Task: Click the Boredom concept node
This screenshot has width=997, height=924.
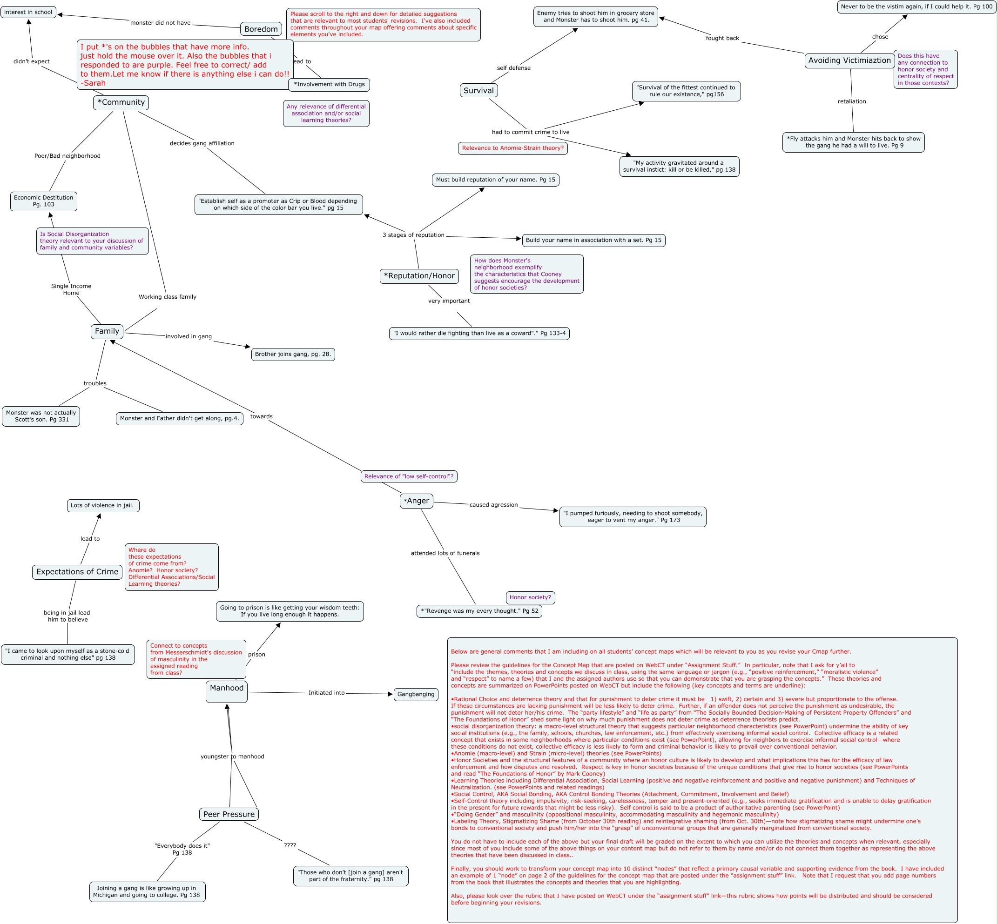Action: [261, 29]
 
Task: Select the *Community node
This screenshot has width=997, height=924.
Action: [121, 102]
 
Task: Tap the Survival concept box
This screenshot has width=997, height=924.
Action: [478, 91]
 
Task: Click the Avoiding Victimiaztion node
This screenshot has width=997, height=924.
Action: [849, 60]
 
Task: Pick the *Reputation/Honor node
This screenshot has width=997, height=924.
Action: [419, 276]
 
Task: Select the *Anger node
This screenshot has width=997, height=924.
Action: [417, 501]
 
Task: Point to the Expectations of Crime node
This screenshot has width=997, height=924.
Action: [77, 572]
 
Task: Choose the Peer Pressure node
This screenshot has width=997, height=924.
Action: [229, 815]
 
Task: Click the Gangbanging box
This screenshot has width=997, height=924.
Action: [416, 695]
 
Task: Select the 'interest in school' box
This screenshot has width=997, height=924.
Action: [28, 12]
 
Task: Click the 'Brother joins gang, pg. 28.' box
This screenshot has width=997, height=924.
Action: [293, 355]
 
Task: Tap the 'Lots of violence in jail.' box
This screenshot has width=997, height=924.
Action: [102, 505]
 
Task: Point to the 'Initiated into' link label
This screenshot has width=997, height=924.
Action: [327, 693]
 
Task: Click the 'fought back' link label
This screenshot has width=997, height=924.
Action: [722, 39]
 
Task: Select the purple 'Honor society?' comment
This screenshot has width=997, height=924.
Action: [530, 597]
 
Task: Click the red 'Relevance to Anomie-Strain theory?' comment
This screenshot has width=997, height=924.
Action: [513, 148]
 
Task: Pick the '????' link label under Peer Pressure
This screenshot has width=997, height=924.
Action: [290, 845]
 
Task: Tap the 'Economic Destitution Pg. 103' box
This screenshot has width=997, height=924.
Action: [44, 201]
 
